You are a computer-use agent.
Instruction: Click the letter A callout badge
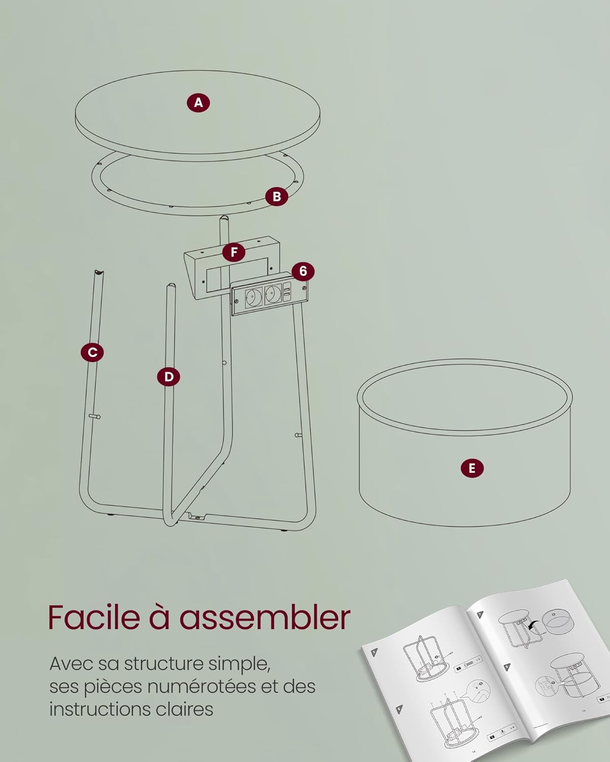[x=198, y=103]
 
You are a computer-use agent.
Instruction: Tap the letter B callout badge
[x=277, y=197]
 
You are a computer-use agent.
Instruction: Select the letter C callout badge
[x=92, y=353]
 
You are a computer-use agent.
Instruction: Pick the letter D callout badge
[x=169, y=377]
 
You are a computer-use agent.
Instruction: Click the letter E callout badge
[x=472, y=468]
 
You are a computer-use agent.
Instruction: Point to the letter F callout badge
[x=234, y=252]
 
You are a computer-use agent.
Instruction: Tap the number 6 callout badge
[x=303, y=271]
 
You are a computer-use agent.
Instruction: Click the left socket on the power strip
[x=253, y=296]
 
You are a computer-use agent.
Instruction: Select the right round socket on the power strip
[x=272, y=295]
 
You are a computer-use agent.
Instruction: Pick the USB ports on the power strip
[x=287, y=292]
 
